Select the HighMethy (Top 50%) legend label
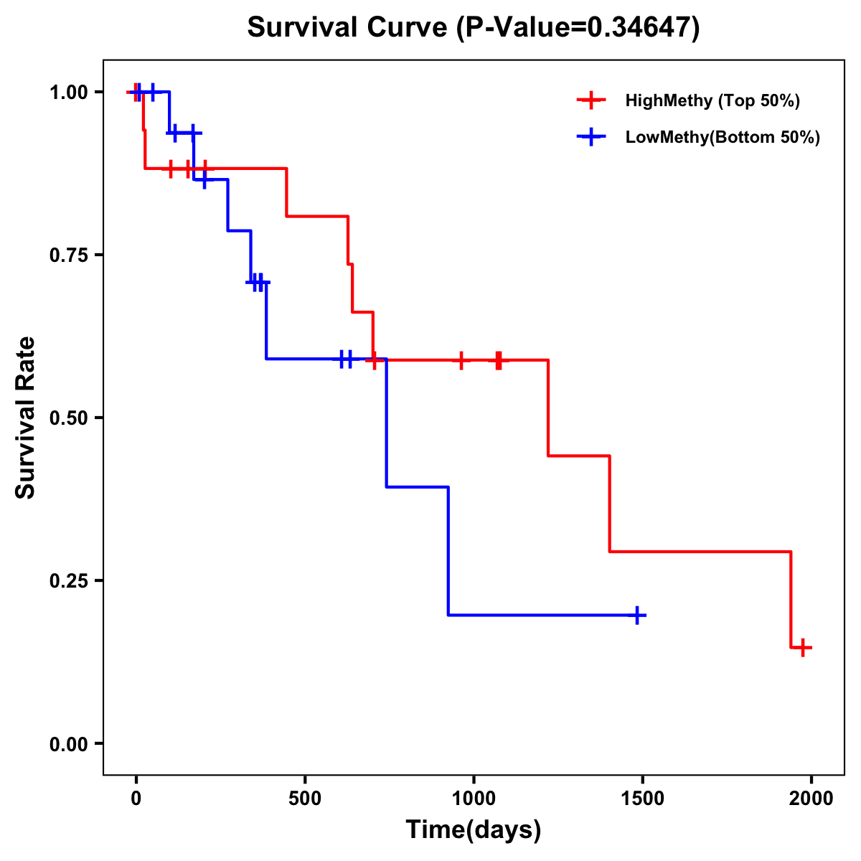coord(712,100)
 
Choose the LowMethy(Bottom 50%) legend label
coord(723,137)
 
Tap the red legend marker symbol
coord(591,100)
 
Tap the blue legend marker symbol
coord(591,137)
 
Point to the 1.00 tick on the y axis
coord(68,93)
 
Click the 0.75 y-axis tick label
coord(68,255)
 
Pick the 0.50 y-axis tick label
coord(68,418)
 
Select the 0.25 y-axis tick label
coord(68,581)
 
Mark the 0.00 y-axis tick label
coord(68,744)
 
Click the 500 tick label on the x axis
coord(305,799)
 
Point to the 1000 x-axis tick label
coord(474,799)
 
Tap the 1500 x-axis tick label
coord(642,799)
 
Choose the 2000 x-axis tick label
coord(811,799)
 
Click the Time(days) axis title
coord(474,830)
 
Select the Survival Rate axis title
coord(26,418)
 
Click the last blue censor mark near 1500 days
coord(637,615)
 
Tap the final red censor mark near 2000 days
coord(804,647)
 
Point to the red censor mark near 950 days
coord(461,360)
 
